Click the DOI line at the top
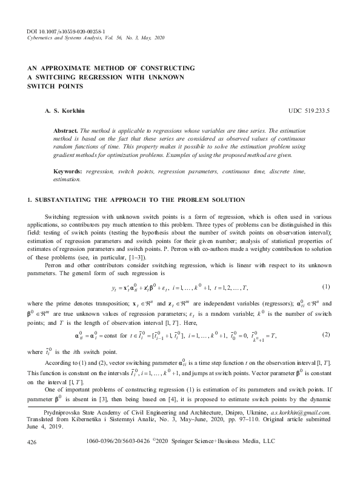[x=67, y=30]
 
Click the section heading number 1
[x=30, y=200]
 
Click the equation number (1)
[x=325, y=286]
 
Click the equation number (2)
[x=325, y=335]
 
